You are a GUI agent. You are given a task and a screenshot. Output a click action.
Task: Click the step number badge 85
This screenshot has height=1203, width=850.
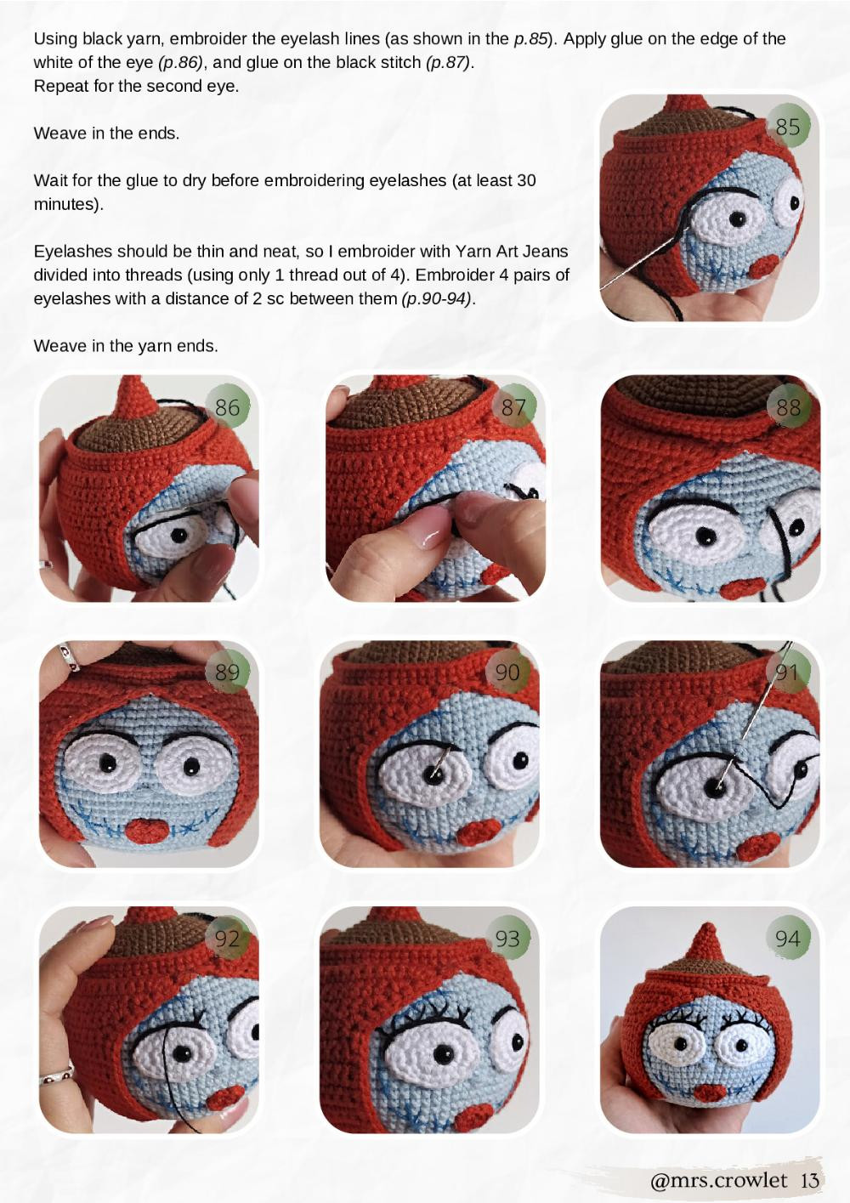tap(788, 127)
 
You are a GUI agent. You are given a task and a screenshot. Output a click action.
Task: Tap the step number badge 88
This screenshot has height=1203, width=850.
tap(788, 407)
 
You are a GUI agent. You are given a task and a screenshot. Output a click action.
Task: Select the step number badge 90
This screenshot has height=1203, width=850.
tap(507, 672)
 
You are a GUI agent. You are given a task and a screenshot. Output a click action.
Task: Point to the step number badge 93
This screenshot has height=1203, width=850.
tap(507, 939)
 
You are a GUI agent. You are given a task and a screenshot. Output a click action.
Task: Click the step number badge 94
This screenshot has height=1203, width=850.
tap(788, 939)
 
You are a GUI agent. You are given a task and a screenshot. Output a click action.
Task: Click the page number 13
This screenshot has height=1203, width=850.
tap(810, 1180)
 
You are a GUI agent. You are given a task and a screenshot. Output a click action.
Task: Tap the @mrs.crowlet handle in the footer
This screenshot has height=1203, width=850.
tap(718, 1180)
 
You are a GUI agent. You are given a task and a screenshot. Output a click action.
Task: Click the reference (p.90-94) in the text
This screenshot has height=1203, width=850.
tap(437, 298)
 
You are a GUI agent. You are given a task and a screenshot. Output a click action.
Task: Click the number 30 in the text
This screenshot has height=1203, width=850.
tap(526, 180)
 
